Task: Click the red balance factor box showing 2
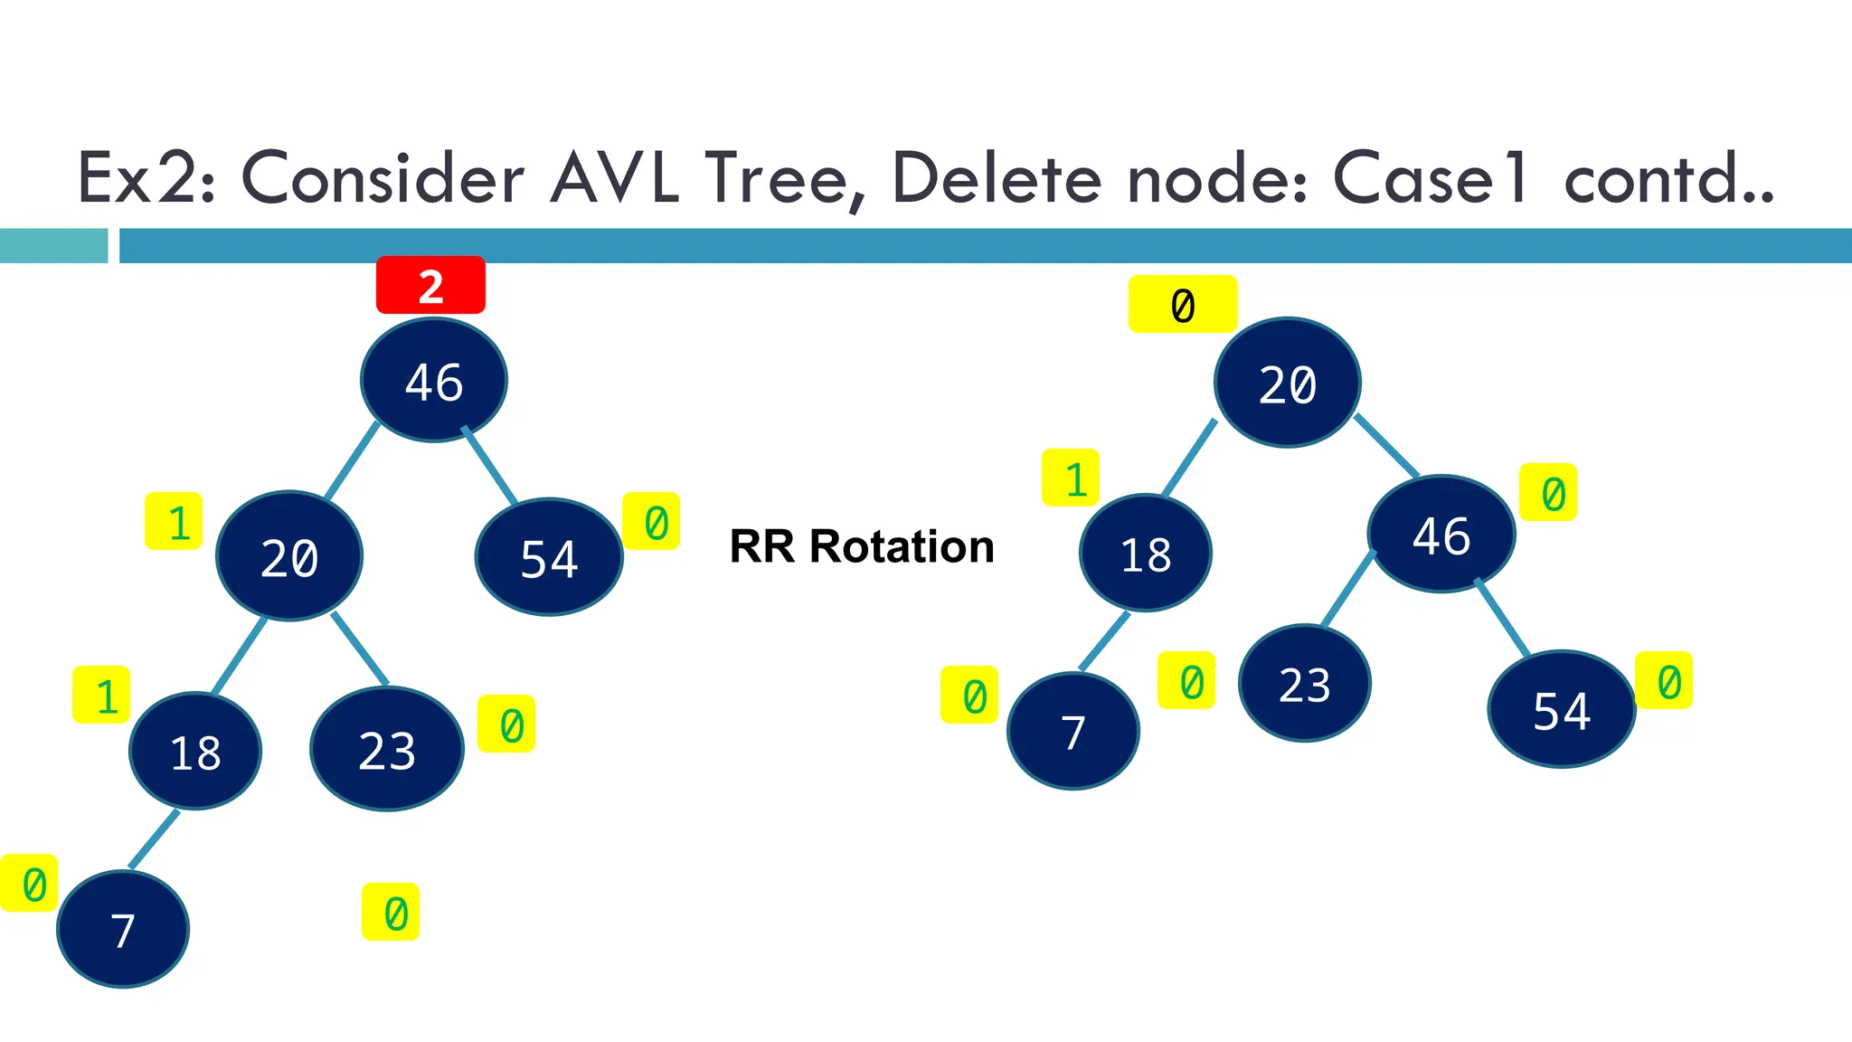(430, 286)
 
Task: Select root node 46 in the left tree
(434, 380)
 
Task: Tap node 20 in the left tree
(289, 556)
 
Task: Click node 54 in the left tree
(549, 557)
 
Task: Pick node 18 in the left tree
(195, 751)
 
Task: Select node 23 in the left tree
(387, 749)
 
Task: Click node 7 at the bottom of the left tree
(123, 929)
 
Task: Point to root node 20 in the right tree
(1288, 383)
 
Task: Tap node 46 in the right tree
(1441, 535)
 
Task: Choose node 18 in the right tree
(1146, 553)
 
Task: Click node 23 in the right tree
(1305, 683)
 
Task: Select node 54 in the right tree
(1562, 709)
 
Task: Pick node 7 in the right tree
(1073, 731)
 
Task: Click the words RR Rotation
(862, 546)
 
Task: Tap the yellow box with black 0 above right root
(1183, 305)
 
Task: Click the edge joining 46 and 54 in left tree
(490, 466)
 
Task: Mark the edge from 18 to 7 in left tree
(154, 839)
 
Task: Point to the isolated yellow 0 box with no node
(391, 912)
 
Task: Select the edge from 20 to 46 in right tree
(1387, 446)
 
